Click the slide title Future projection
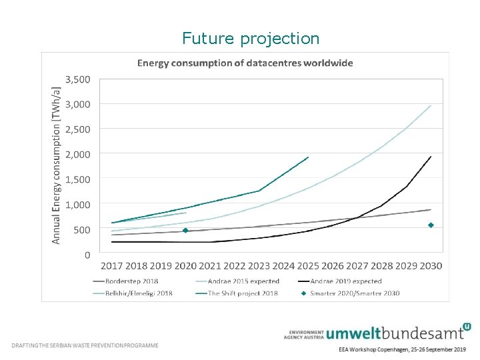[251, 39]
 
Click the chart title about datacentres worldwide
[245, 63]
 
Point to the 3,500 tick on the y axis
[77, 79]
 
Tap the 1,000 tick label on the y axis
[77, 204]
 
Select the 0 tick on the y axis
[87, 255]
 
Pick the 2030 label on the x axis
[431, 266]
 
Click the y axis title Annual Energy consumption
[57, 163]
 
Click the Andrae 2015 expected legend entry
[243, 281]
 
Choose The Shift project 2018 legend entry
[241, 293]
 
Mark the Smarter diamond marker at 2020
[185, 231]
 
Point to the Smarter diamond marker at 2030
[431, 225]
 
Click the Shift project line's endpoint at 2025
[308, 157]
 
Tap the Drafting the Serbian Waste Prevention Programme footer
[85, 345]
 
